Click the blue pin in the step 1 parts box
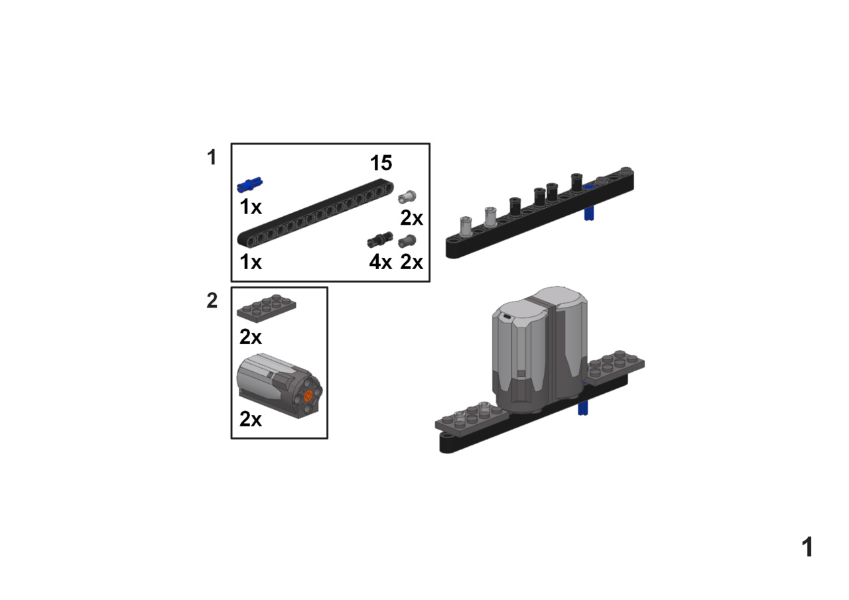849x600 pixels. tap(250, 185)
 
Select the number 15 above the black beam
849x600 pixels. tap(381, 163)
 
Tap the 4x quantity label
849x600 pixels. tap(380, 262)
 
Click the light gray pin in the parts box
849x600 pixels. tap(407, 197)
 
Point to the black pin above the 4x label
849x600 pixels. tap(380, 240)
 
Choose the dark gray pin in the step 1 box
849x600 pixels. tap(407, 241)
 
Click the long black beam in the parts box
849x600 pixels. tap(315, 213)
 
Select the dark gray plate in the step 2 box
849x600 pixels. tap(267, 308)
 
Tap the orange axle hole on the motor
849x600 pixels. tap(308, 396)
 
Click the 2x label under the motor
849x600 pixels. tap(251, 419)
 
